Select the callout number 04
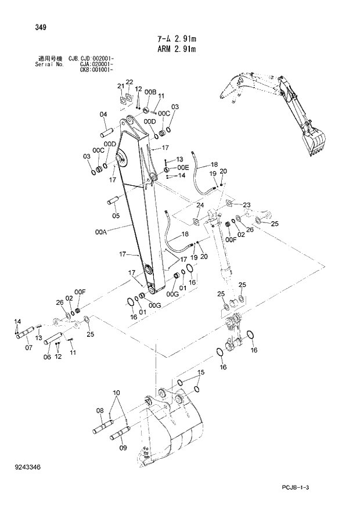point(103,114)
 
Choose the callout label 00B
point(150,92)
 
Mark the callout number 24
point(199,206)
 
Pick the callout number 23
point(246,204)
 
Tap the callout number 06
point(48,357)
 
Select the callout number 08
point(99,411)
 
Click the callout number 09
point(123,448)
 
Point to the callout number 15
point(200,372)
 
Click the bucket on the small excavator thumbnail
point(314,142)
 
